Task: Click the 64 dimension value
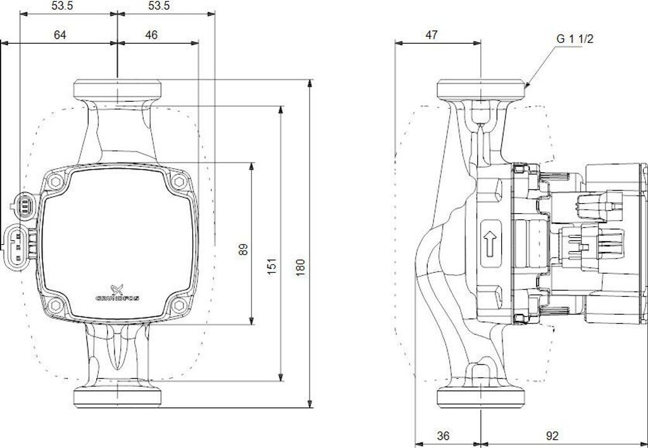[60, 35]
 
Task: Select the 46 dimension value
[151, 35]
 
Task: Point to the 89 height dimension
[243, 249]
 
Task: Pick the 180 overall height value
[301, 266]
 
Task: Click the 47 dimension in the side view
[431, 35]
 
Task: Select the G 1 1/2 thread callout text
[575, 39]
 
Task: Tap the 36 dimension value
[444, 435]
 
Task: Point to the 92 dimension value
[552, 435]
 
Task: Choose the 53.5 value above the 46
[158, 6]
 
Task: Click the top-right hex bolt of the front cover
[178, 182]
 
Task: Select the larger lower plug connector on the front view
[19, 244]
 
